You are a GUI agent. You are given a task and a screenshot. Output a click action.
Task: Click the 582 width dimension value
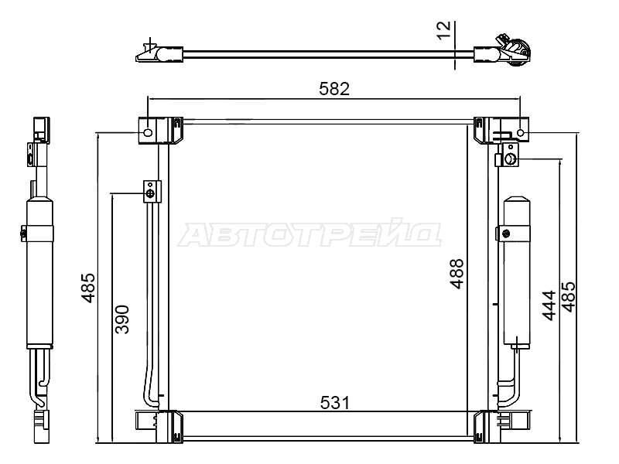(334, 89)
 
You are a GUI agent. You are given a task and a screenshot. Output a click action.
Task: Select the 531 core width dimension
(335, 403)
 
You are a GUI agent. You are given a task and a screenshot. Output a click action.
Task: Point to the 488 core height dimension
(457, 274)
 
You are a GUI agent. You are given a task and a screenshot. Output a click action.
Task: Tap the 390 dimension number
(122, 319)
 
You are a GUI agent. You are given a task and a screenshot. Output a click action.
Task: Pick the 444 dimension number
(549, 305)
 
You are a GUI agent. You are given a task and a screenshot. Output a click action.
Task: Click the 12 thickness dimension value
(443, 30)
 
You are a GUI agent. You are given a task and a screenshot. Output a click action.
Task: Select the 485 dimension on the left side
(88, 288)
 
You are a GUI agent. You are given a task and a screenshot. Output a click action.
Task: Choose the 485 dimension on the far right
(569, 297)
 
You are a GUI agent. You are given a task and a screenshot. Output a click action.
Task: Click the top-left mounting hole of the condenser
(148, 132)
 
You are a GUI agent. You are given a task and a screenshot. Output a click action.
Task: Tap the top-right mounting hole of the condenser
(520, 133)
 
